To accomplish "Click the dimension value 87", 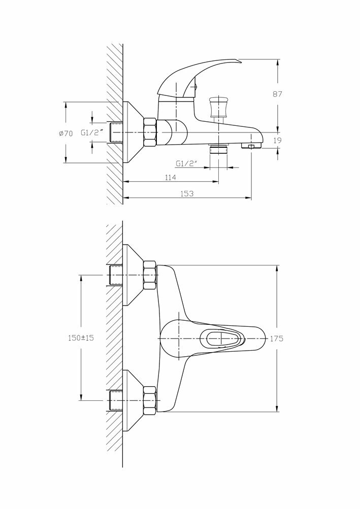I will click(277, 94).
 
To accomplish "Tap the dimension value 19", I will click(277, 141).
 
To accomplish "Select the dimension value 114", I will click(170, 177).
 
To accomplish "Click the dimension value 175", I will click(277, 338).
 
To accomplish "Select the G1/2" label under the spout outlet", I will click(186, 163).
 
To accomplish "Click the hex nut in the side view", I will click(150, 132).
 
